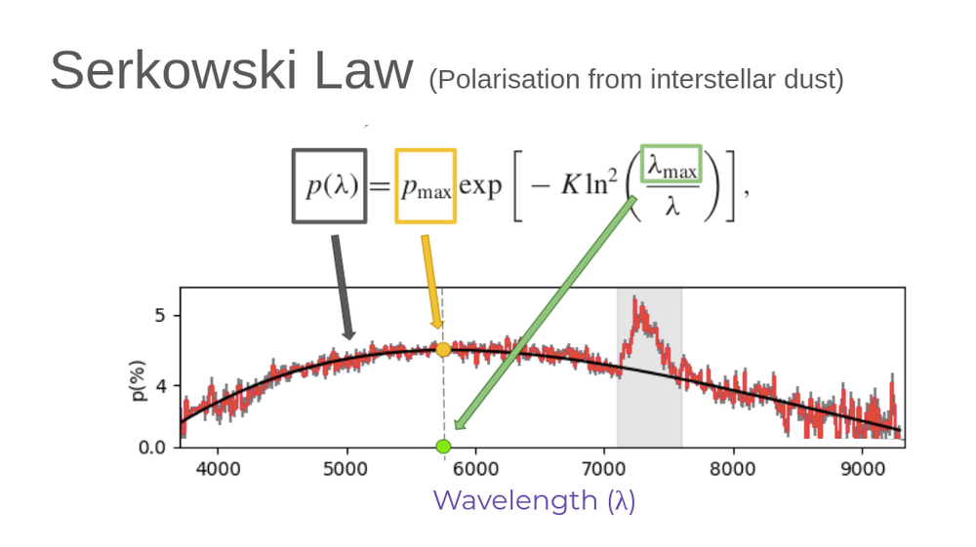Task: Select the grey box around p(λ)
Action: coord(330,185)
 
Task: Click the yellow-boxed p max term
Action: coord(426,186)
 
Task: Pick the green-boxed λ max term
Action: coord(671,166)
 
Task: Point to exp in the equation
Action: coord(480,186)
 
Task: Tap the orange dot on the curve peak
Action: coord(443,349)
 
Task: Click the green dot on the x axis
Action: coord(443,447)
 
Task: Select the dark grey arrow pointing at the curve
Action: coord(342,288)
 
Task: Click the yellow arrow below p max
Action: coord(430,283)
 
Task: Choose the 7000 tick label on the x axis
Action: coord(604,469)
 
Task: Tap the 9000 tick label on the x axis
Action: coord(862,469)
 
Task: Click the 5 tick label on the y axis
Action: coord(161,316)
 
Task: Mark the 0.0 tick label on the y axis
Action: coord(155,448)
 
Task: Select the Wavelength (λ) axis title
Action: coord(534,500)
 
